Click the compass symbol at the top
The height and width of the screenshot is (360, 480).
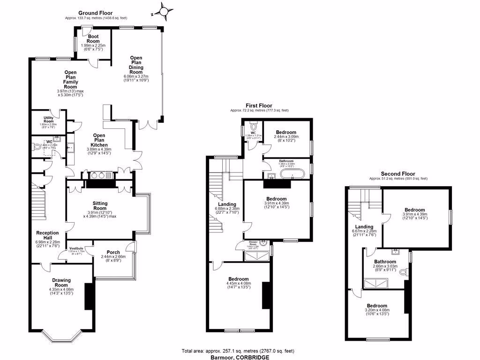164,10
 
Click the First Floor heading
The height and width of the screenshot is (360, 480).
259,106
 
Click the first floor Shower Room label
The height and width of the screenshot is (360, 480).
253,244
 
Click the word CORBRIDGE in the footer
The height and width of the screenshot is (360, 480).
253,357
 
